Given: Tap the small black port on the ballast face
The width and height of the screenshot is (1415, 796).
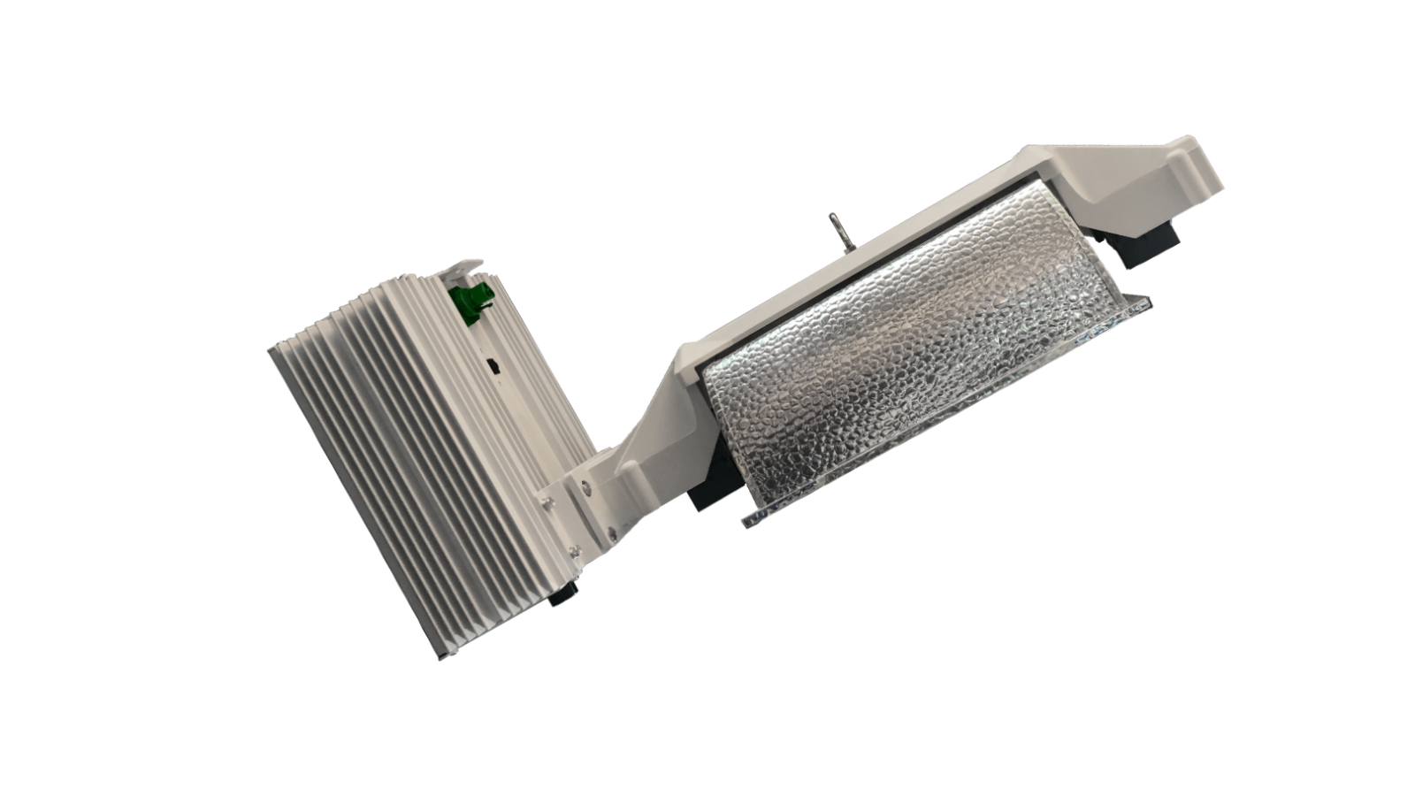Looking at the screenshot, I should click(x=493, y=365).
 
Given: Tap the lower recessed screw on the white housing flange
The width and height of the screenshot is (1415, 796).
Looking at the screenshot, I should click(x=611, y=532).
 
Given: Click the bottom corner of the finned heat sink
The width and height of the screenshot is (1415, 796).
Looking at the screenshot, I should click(x=438, y=658).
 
